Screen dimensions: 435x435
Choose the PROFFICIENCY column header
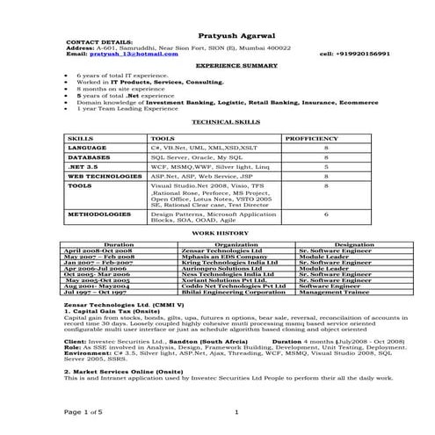(x=314, y=139)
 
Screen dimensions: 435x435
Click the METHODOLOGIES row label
(x=94, y=214)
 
